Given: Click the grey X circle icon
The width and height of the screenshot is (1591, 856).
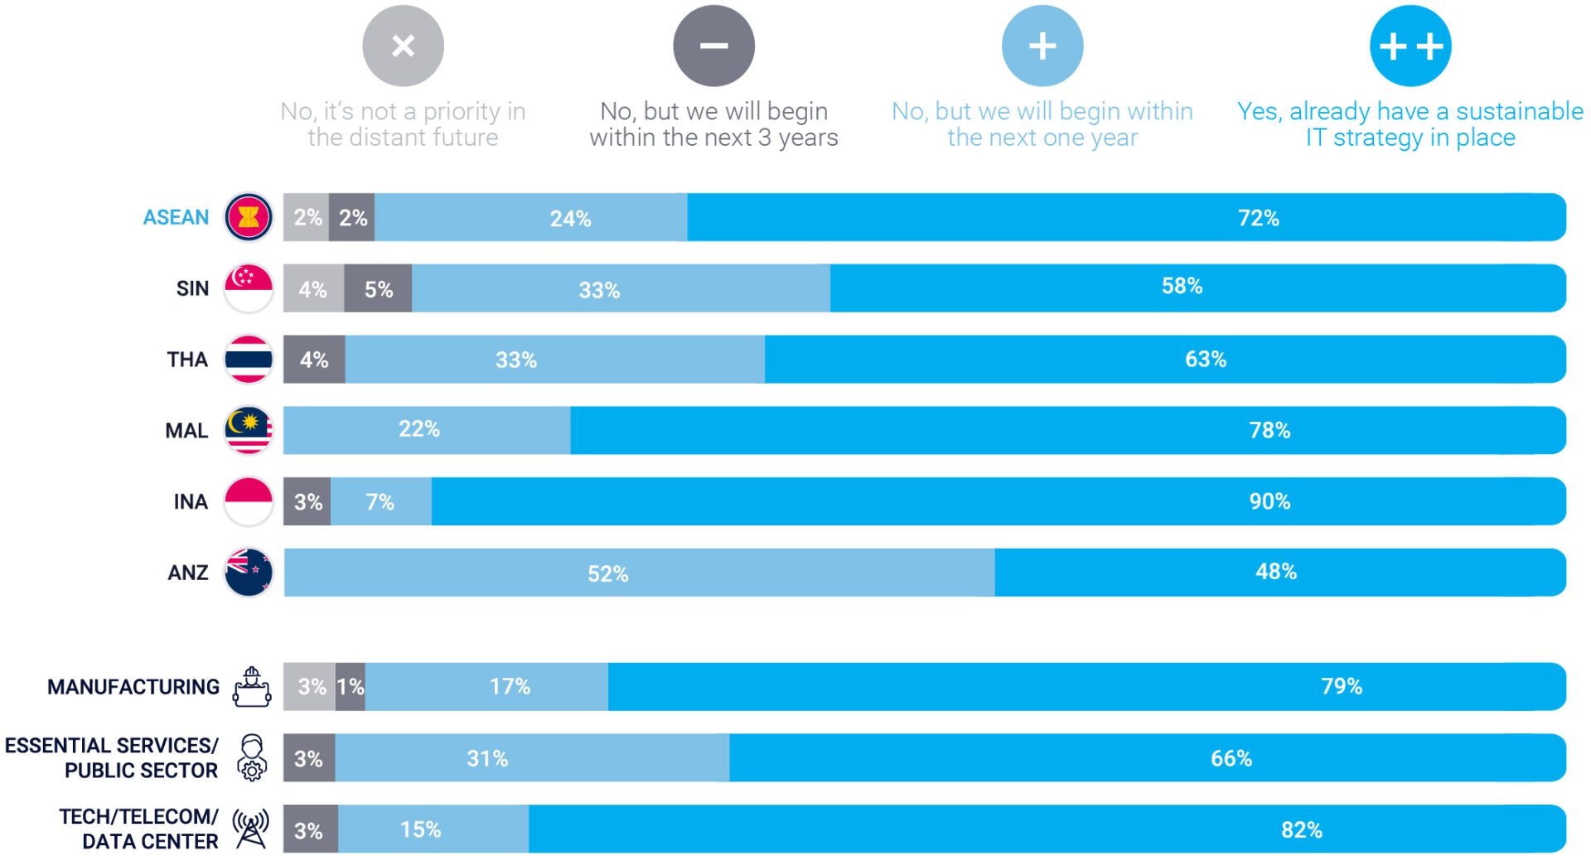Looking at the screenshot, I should (403, 46).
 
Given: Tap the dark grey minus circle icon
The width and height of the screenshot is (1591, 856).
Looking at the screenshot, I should (713, 46).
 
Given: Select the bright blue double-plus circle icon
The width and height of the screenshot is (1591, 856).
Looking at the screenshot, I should (1410, 46).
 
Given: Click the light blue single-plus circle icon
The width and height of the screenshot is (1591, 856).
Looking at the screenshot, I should (1042, 46).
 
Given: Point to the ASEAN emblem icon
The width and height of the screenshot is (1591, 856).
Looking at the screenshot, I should (249, 217).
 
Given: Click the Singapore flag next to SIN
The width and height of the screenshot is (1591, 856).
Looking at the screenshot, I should (249, 288).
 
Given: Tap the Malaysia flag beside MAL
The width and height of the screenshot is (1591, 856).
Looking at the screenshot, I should (249, 430).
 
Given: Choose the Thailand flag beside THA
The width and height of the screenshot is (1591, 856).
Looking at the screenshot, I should (249, 360).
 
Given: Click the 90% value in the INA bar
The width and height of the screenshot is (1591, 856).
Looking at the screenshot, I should (1269, 501).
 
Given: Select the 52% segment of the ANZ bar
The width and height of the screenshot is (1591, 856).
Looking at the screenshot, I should (608, 573).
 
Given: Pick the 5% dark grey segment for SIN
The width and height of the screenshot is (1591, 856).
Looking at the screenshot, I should (378, 289).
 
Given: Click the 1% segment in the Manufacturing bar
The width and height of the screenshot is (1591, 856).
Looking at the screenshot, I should (351, 686).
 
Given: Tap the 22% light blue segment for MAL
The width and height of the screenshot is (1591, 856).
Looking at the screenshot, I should (419, 429).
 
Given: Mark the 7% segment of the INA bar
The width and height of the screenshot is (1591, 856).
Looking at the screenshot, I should (380, 501).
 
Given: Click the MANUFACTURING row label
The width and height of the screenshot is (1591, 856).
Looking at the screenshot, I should (133, 687).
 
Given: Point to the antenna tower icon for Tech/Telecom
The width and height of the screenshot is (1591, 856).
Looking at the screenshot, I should (250, 829).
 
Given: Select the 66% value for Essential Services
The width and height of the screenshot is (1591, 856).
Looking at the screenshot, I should (1231, 758).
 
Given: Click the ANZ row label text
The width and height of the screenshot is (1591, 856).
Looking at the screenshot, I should (188, 573).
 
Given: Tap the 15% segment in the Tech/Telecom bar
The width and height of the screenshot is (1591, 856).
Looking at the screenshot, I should (421, 829).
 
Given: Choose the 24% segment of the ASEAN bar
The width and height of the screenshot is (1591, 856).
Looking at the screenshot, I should (570, 219).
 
